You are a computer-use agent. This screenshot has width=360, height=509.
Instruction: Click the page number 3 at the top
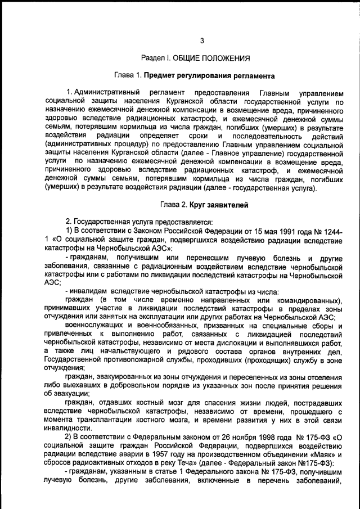click(202, 40)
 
